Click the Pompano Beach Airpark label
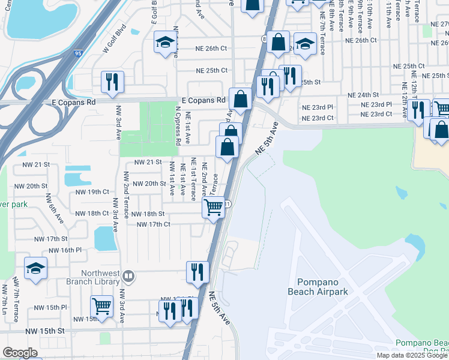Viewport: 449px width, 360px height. [x=326, y=287]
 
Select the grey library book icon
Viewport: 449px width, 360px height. [x=128, y=276]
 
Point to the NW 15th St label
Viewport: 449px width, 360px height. [x=44, y=331]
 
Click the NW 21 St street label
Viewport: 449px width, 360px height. [x=148, y=162]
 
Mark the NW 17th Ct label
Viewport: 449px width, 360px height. [x=154, y=224]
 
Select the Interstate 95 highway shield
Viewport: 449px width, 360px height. [x=79, y=53]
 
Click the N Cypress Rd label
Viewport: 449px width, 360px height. [x=178, y=127]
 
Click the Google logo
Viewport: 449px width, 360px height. [x=20, y=352]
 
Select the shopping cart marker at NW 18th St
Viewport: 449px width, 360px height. [x=214, y=208]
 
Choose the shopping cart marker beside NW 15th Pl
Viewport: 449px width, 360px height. [x=101, y=306]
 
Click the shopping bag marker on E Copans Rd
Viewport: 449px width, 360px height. [x=240, y=99]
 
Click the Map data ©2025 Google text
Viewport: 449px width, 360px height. [x=412, y=355]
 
